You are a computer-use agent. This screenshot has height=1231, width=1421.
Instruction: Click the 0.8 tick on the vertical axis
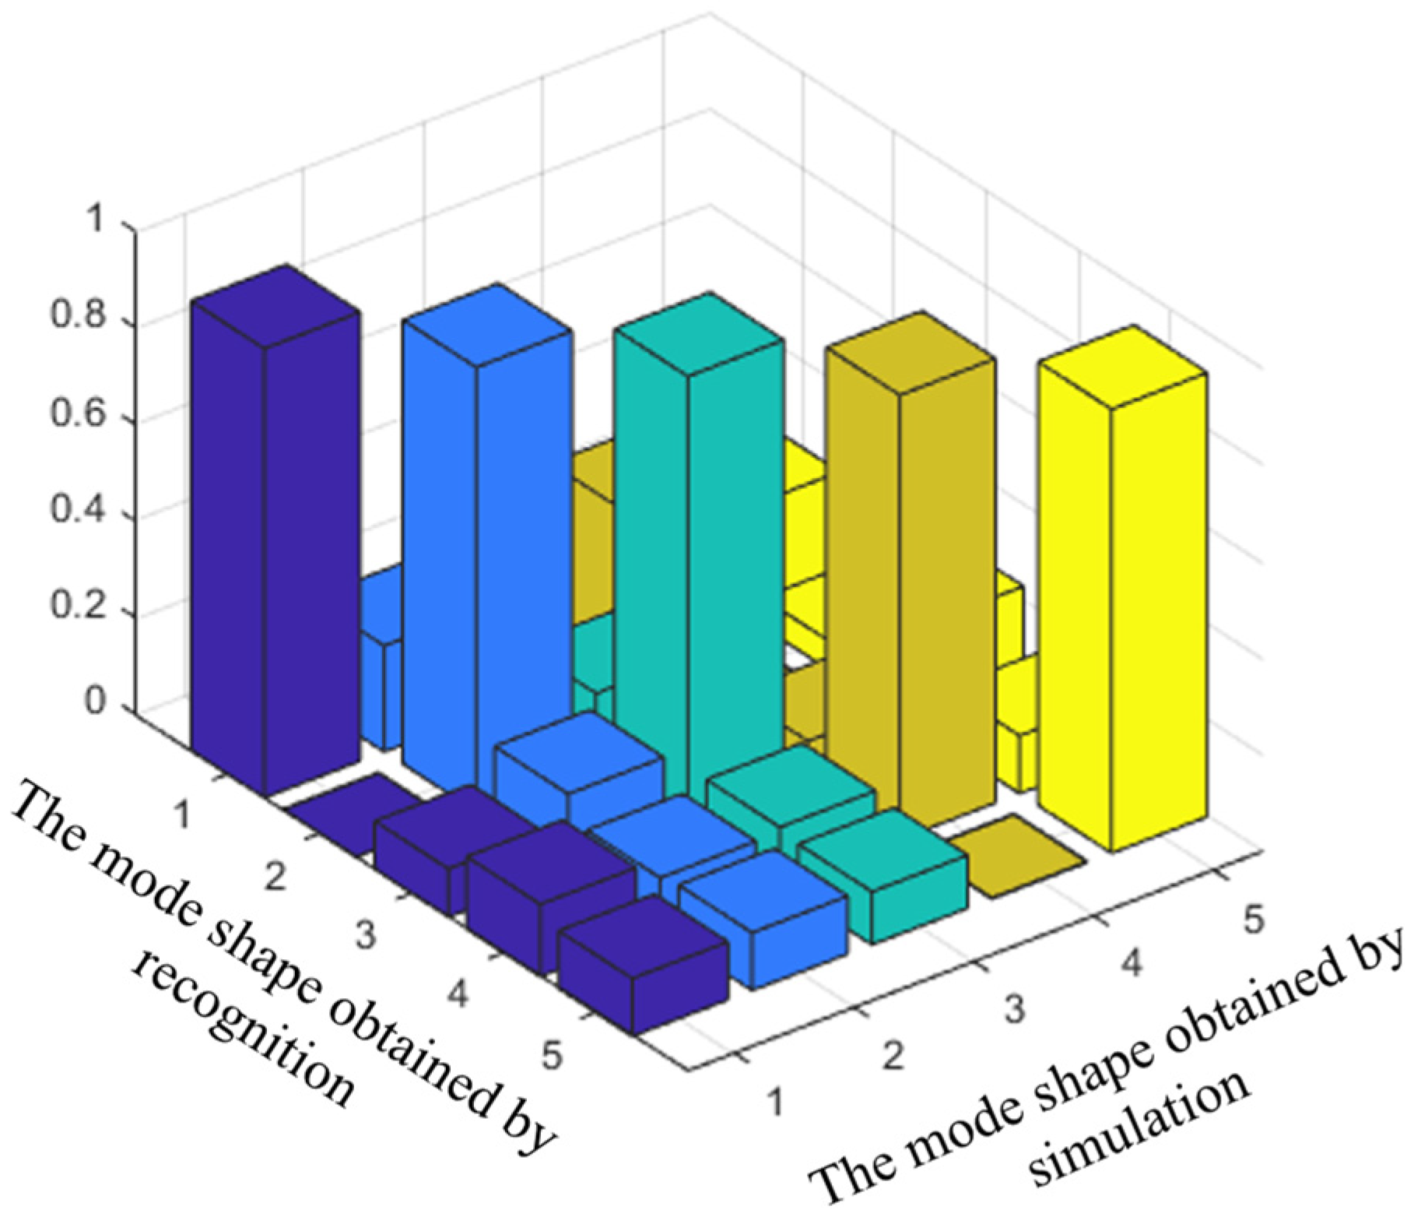point(78,319)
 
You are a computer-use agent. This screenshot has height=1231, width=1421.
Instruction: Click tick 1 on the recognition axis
point(184,816)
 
